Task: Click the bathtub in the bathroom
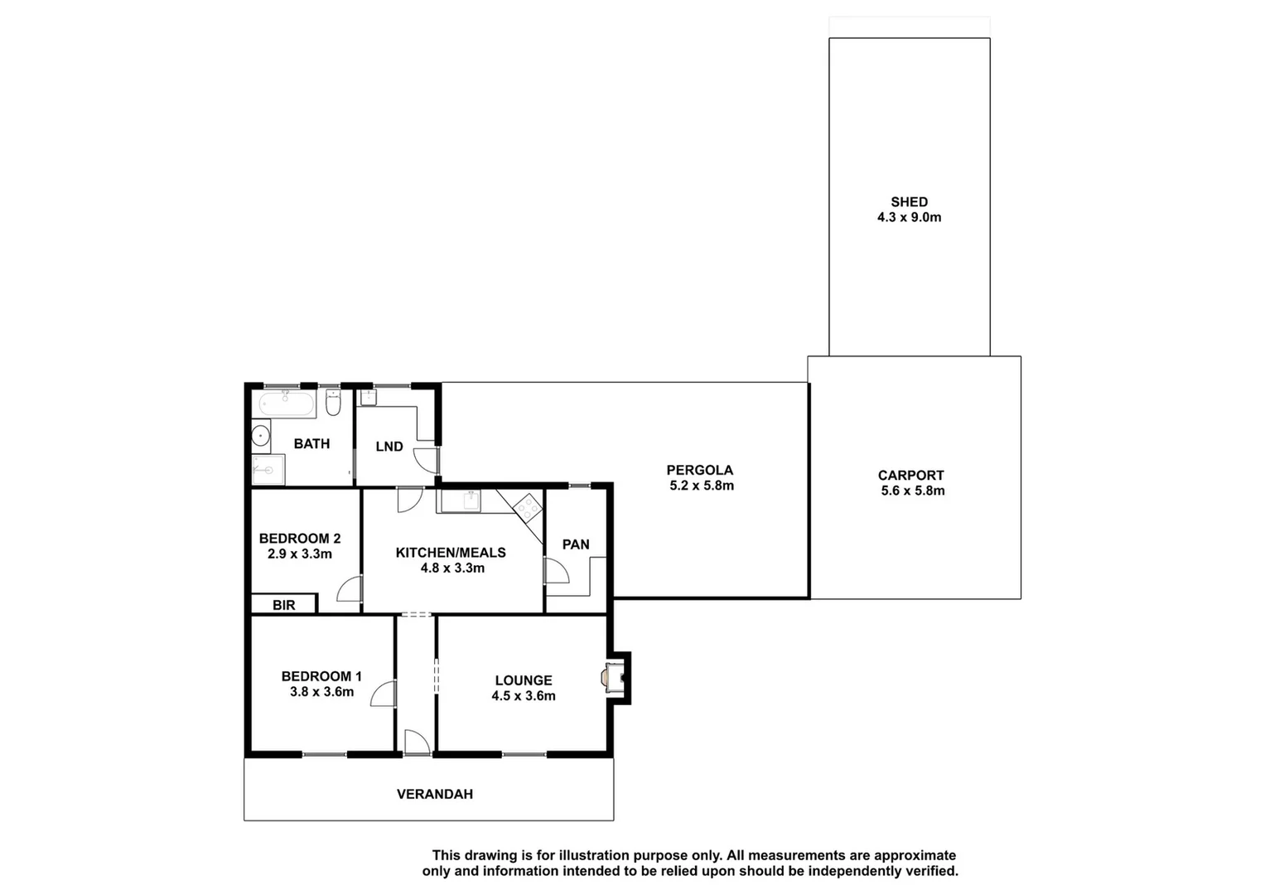287,405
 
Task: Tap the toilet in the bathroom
333,404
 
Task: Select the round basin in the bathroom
260,434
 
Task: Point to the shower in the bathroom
268,470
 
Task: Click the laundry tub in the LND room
369,397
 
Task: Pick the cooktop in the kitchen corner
527,506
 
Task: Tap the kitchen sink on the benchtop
471,501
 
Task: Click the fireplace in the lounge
615,678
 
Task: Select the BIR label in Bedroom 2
284,605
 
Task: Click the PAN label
576,544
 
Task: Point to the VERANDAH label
435,794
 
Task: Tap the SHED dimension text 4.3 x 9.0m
910,217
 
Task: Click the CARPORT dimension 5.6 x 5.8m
913,491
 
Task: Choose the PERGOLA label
700,470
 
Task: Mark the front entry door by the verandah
417,743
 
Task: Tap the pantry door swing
556,572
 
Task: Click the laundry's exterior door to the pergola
427,460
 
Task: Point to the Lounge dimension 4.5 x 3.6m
524,696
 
